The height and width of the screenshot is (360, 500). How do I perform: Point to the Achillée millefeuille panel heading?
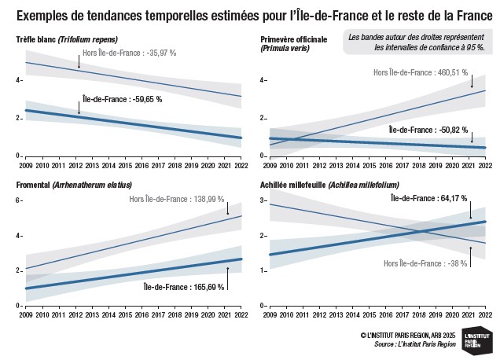[x=329, y=185]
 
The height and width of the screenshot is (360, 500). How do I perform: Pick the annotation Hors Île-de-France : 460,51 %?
[x=421, y=72]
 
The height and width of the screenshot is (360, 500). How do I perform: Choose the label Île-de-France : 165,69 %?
[x=184, y=286]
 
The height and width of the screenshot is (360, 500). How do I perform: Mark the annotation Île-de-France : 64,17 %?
[x=431, y=198]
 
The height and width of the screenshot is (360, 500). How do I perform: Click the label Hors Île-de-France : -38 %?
[x=425, y=263]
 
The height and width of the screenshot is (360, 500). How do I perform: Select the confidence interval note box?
[x=417, y=42]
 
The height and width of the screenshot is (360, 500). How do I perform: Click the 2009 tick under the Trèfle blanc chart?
[x=26, y=164]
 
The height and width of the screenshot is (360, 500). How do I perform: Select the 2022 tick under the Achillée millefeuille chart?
[x=485, y=314]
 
